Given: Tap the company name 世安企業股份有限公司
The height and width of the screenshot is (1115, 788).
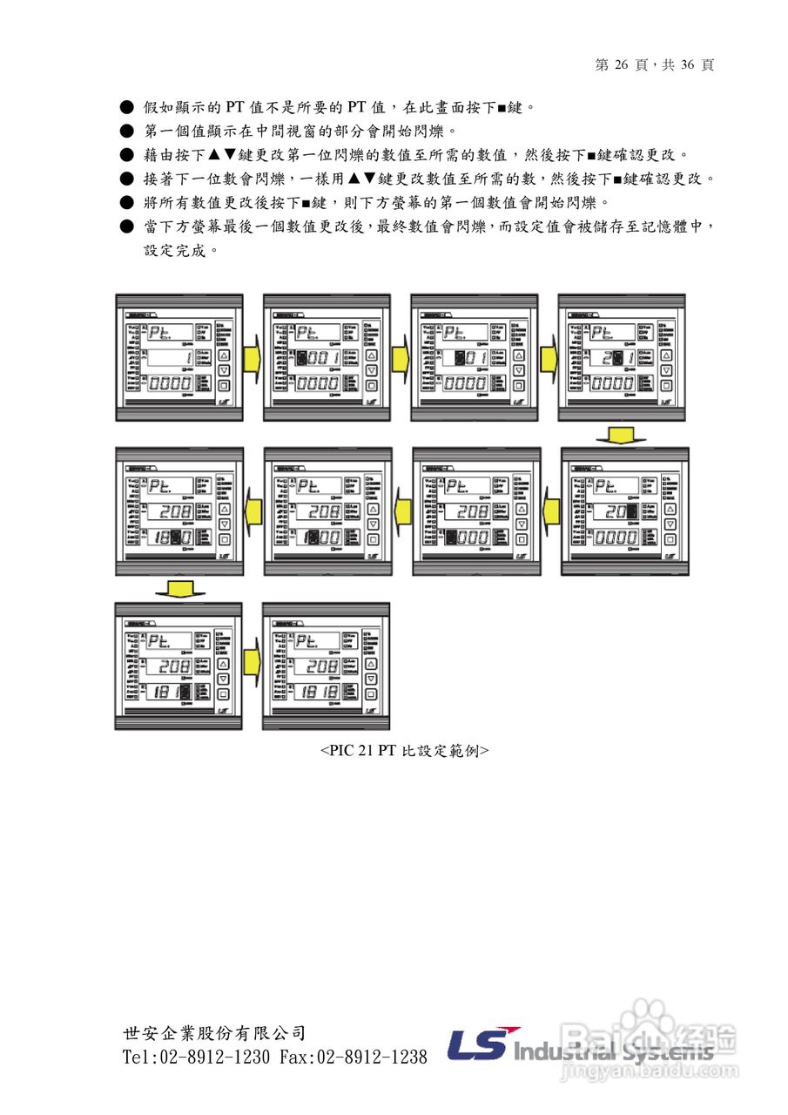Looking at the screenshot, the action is click(214, 1034).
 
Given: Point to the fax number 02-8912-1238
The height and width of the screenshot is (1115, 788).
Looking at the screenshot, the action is click(371, 1057).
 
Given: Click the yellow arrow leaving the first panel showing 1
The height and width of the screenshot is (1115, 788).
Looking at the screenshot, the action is click(253, 357).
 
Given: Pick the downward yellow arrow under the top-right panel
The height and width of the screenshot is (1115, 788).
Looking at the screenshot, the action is click(622, 435).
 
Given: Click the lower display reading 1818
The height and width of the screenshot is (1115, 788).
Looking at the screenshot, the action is click(321, 692).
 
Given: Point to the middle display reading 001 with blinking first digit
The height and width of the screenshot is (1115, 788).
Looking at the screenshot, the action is click(316, 357).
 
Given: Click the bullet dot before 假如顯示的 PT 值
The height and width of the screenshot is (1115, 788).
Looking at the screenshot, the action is click(125, 107).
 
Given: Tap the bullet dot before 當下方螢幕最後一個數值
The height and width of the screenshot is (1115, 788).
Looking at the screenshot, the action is click(125, 226).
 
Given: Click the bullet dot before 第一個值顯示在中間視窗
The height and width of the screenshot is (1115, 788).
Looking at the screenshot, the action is click(125, 132).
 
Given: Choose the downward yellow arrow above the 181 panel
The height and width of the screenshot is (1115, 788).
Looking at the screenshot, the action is click(179, 590).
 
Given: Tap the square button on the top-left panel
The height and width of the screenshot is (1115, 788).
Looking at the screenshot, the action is click(223, 385).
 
